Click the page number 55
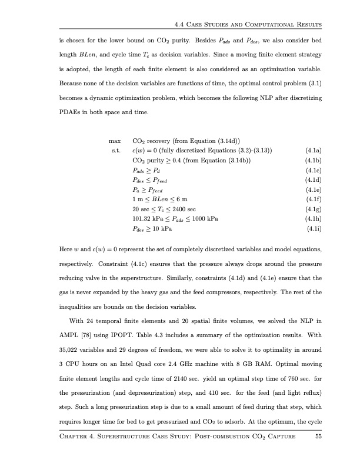pos(318,453)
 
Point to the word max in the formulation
pos(115,141)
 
